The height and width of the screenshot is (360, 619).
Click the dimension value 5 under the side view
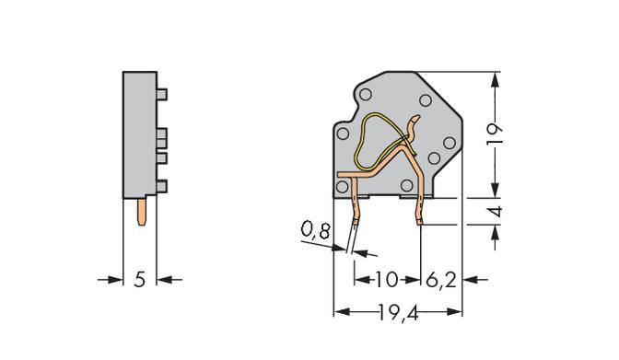click(140, 279)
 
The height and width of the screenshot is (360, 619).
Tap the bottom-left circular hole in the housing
click(342, 188)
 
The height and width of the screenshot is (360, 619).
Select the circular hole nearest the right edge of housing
click(450, 143)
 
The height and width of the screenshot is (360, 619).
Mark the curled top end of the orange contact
click(416, 121)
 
